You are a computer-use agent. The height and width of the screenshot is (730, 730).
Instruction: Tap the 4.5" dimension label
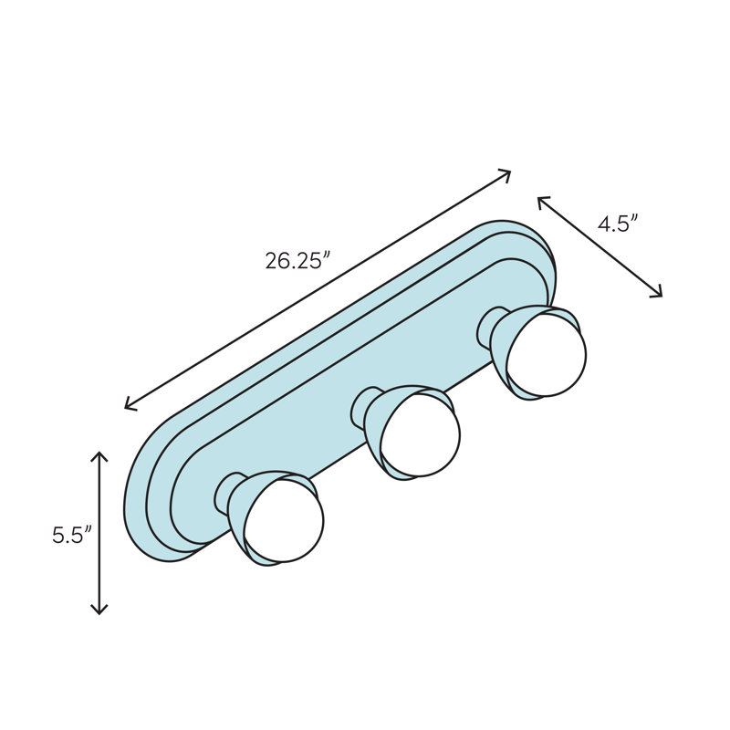tap(617, 224)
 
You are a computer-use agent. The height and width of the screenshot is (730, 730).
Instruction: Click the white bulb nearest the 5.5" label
tap(287, 520)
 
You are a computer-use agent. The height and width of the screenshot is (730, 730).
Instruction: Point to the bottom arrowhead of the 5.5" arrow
tap(99, 610)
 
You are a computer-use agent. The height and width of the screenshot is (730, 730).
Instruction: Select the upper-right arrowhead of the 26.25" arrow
tap(507, 172)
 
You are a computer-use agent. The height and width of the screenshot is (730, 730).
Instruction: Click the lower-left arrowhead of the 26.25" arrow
tap(128, 406)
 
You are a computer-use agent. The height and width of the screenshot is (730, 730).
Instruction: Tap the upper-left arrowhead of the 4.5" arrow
tap(540, 199)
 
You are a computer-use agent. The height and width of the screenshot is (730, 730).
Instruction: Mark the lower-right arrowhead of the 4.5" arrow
tap(659, 295)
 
